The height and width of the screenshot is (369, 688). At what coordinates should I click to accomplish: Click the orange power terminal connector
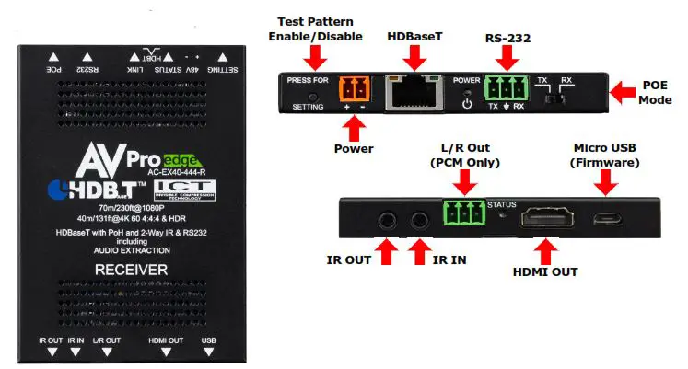[354, 90]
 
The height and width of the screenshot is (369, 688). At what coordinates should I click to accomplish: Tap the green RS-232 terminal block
[505, 88]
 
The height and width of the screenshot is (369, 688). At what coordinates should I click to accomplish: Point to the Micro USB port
[606, 220]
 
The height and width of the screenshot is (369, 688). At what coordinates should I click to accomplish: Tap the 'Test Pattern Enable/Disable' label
[316, 29]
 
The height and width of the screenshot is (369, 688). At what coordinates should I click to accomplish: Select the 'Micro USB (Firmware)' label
[606, 155]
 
